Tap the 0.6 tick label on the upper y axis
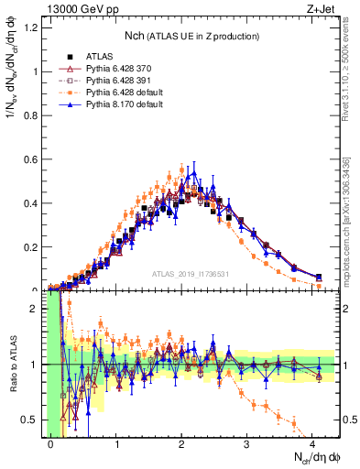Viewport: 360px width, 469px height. tap(34, 159)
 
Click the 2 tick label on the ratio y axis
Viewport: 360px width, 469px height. tap(38, 309)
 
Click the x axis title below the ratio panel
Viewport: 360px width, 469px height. tap(315, 457)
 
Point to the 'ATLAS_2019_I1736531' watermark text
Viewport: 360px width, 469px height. tap(190, 274)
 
